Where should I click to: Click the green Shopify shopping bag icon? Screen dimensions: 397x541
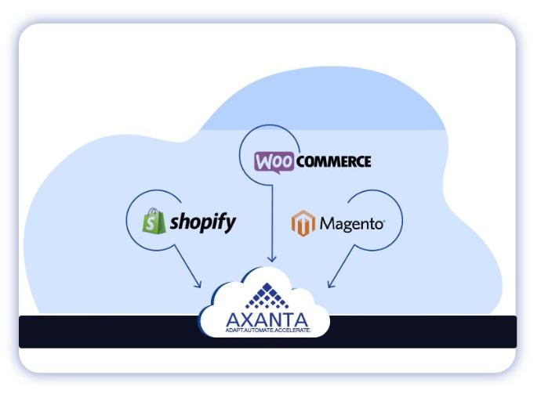(x=154, y=222)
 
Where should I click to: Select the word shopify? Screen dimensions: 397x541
(x=203, y=222)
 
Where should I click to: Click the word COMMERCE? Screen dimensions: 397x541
(x=333, y=162)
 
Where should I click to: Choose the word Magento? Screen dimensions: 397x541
(x=352, y=225)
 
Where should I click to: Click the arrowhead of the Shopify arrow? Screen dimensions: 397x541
(x=199, y=285)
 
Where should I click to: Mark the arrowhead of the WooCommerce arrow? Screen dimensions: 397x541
(x=271, y=259)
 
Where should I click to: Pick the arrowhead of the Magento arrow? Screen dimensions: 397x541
(x=331, y=284)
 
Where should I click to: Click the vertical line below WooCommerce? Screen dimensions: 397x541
(x=271, y=219)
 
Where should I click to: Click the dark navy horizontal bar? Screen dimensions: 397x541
(x=102, y=331)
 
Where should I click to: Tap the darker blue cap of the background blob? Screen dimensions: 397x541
(x=329, y=110)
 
